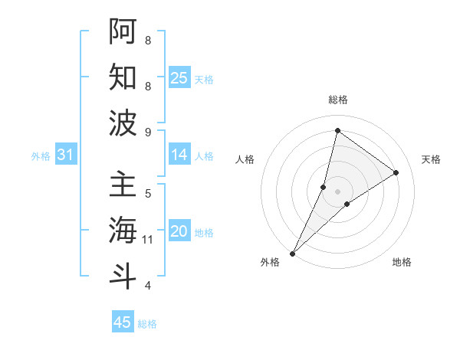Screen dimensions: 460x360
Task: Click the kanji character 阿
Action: (x=123, y=31)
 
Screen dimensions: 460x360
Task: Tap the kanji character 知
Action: (x=123, y=77)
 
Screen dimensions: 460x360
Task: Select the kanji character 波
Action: (x=123, y=122)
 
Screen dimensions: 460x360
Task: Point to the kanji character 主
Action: (x=123, y=185)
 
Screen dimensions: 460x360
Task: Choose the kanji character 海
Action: (x=123, y=230)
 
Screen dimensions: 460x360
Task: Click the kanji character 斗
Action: (x=123, y=275)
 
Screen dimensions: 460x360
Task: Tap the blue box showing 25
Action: (x=179, y=77)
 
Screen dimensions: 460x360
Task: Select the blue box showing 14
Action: (x=179, y=155)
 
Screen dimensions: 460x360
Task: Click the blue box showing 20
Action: (x=179, y=231)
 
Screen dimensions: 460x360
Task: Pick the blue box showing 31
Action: (x=66, y=155)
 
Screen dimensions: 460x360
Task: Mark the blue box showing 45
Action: (x=123, y=322)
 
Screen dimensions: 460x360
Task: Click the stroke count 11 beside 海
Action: (x=148, y=240)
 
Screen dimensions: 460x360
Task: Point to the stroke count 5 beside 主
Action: (x=148, y=193)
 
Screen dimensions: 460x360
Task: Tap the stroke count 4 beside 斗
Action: (x=148, y=286)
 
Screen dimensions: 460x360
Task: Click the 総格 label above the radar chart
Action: (x=337, y=100)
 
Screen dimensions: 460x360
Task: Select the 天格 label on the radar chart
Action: (x=431, y=159)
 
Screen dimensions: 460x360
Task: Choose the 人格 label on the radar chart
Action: (x=245, y=159)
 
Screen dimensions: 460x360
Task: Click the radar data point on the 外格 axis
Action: (x=292, y=253)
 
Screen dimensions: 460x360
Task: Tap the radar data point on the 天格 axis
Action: (x=396, y=172)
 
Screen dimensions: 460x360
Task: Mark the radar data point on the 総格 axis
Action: (x=337, y=130)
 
